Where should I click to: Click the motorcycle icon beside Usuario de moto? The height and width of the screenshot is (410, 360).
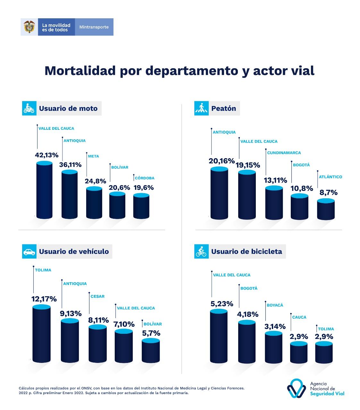[29, 108]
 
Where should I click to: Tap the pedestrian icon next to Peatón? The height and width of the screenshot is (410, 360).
[201, 109]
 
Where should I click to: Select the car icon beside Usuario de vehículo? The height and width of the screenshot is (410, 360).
[29, 251]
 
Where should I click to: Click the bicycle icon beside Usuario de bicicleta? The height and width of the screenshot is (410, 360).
[201, 251]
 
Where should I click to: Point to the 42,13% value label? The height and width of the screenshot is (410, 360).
[46, 155]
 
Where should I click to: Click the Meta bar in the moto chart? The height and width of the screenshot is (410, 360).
[94, 203]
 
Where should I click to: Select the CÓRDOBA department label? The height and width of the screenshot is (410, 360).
[145, 178]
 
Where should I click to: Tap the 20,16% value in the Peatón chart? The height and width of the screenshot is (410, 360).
[222, 161]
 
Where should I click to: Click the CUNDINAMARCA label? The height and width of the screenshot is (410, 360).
[284, 153]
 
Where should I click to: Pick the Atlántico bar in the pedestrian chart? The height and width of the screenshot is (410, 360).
[326, 210]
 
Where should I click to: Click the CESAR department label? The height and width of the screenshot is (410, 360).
[97, 296]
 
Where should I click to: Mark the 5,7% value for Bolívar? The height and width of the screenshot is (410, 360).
[151, 333]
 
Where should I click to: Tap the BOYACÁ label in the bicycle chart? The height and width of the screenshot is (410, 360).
[275, 305]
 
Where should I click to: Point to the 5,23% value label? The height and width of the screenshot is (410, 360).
[222, 304]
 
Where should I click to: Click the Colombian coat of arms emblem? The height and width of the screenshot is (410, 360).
[29, 27]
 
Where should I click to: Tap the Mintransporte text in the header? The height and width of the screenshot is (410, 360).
[94, 27]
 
